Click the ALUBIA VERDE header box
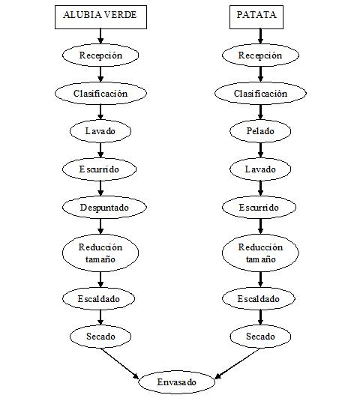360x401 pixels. coord(100,16)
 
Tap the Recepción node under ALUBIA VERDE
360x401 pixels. coord(100,55)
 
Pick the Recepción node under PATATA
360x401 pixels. coord(260,55)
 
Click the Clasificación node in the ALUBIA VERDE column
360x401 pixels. coord(100,94)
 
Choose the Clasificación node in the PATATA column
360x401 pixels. coord(260,94)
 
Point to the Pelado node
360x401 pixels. coord(260,131)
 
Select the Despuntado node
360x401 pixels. coord(100,206)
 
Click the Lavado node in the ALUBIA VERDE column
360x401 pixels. coord(100,131)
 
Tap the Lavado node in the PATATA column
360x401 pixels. coord(260,169)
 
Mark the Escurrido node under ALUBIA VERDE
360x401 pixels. coord(100,169)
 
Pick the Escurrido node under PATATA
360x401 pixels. coord(260,207)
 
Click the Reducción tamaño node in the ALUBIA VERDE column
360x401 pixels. coord(100,253)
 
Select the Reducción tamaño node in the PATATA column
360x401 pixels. coord(260,253)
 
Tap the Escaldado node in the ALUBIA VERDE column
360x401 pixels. coord(100,299)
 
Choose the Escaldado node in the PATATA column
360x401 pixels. coord(260,299)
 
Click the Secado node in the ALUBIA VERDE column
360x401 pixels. coord(100,337)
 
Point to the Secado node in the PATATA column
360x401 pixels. coord(260,337)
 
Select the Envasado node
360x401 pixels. coord(178,382)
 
